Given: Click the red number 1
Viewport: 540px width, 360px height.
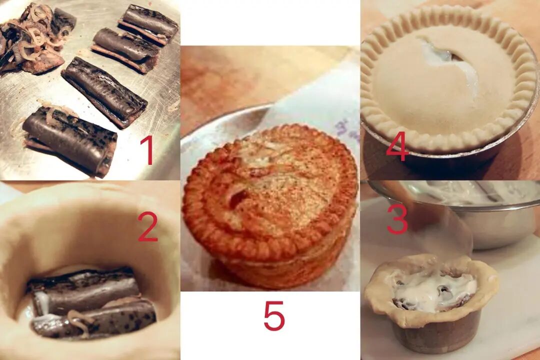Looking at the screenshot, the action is coord(148,150).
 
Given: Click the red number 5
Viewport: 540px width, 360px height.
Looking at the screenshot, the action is coord(274,315).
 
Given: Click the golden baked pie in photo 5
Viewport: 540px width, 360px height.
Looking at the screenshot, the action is coord(270,205).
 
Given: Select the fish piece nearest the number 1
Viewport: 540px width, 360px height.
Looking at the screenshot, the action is coord(70,141).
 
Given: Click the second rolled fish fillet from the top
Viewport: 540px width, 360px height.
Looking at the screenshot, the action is coord(125,50).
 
